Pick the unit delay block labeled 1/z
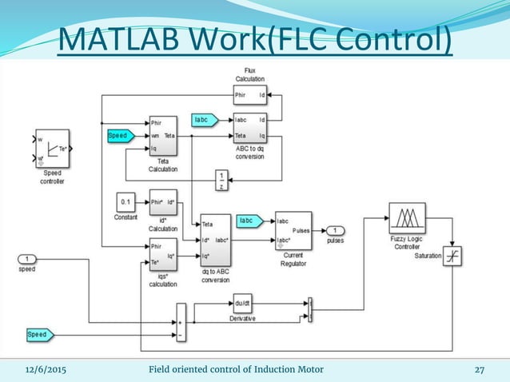coord(221,181)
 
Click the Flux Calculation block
coord(250,97)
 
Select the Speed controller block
coord(52,149)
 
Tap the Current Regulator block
coord(293,231)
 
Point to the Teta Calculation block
coord(162,137)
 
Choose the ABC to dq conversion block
coord(250,129)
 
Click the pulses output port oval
coord(337,230)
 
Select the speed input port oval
coord(28,259)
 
